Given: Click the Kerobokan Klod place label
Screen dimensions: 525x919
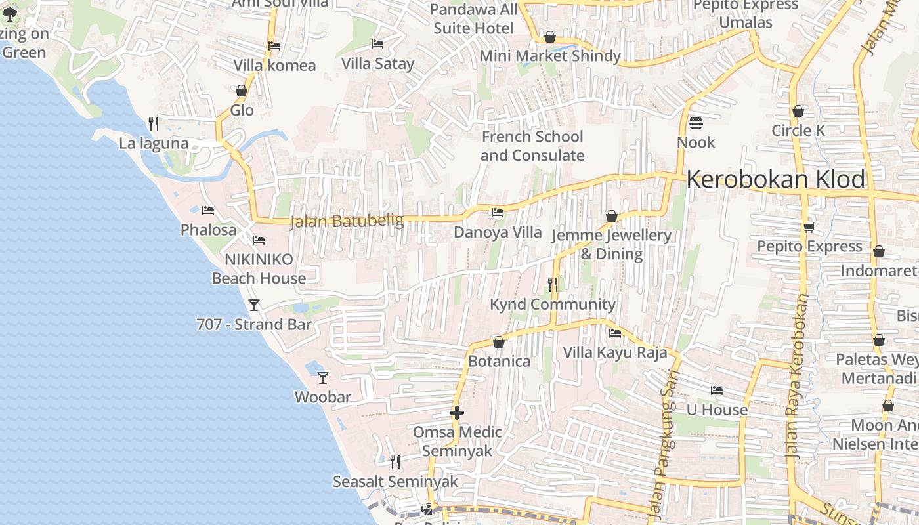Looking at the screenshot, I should tap(775, 179).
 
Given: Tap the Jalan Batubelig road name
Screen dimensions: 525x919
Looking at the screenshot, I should tap(347, 221).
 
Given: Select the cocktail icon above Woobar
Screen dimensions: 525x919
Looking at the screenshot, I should tap(322, 377).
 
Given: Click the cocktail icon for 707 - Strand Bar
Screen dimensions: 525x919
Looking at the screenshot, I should tap(254, 304).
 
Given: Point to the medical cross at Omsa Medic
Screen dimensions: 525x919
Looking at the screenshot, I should tap(457, 413).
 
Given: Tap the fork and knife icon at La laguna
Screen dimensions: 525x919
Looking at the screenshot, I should tap(154, 123).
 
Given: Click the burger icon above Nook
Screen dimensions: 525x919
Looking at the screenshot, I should tap(695, 123).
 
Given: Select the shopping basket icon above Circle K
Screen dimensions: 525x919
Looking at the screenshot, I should tap(798, 111).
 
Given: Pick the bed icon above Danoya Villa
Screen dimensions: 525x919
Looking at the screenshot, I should tap(498, 213).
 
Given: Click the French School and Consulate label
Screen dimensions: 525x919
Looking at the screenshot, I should tap(532, 146).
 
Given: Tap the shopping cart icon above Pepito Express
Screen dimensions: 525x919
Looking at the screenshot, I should tap(809, 227).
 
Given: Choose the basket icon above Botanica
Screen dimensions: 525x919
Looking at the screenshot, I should tap(498, 342).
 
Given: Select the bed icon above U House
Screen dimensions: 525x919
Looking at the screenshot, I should tap(717, 390).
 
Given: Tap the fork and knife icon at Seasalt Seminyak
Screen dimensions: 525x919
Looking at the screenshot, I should tap(395, 462).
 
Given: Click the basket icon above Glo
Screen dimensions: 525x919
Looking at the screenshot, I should tap(242, 91).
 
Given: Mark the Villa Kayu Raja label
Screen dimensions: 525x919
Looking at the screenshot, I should tap(614, 352).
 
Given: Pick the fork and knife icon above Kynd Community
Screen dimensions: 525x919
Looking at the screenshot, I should tap(553, 284).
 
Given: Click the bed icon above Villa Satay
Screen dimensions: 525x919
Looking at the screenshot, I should tap(377, 44).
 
